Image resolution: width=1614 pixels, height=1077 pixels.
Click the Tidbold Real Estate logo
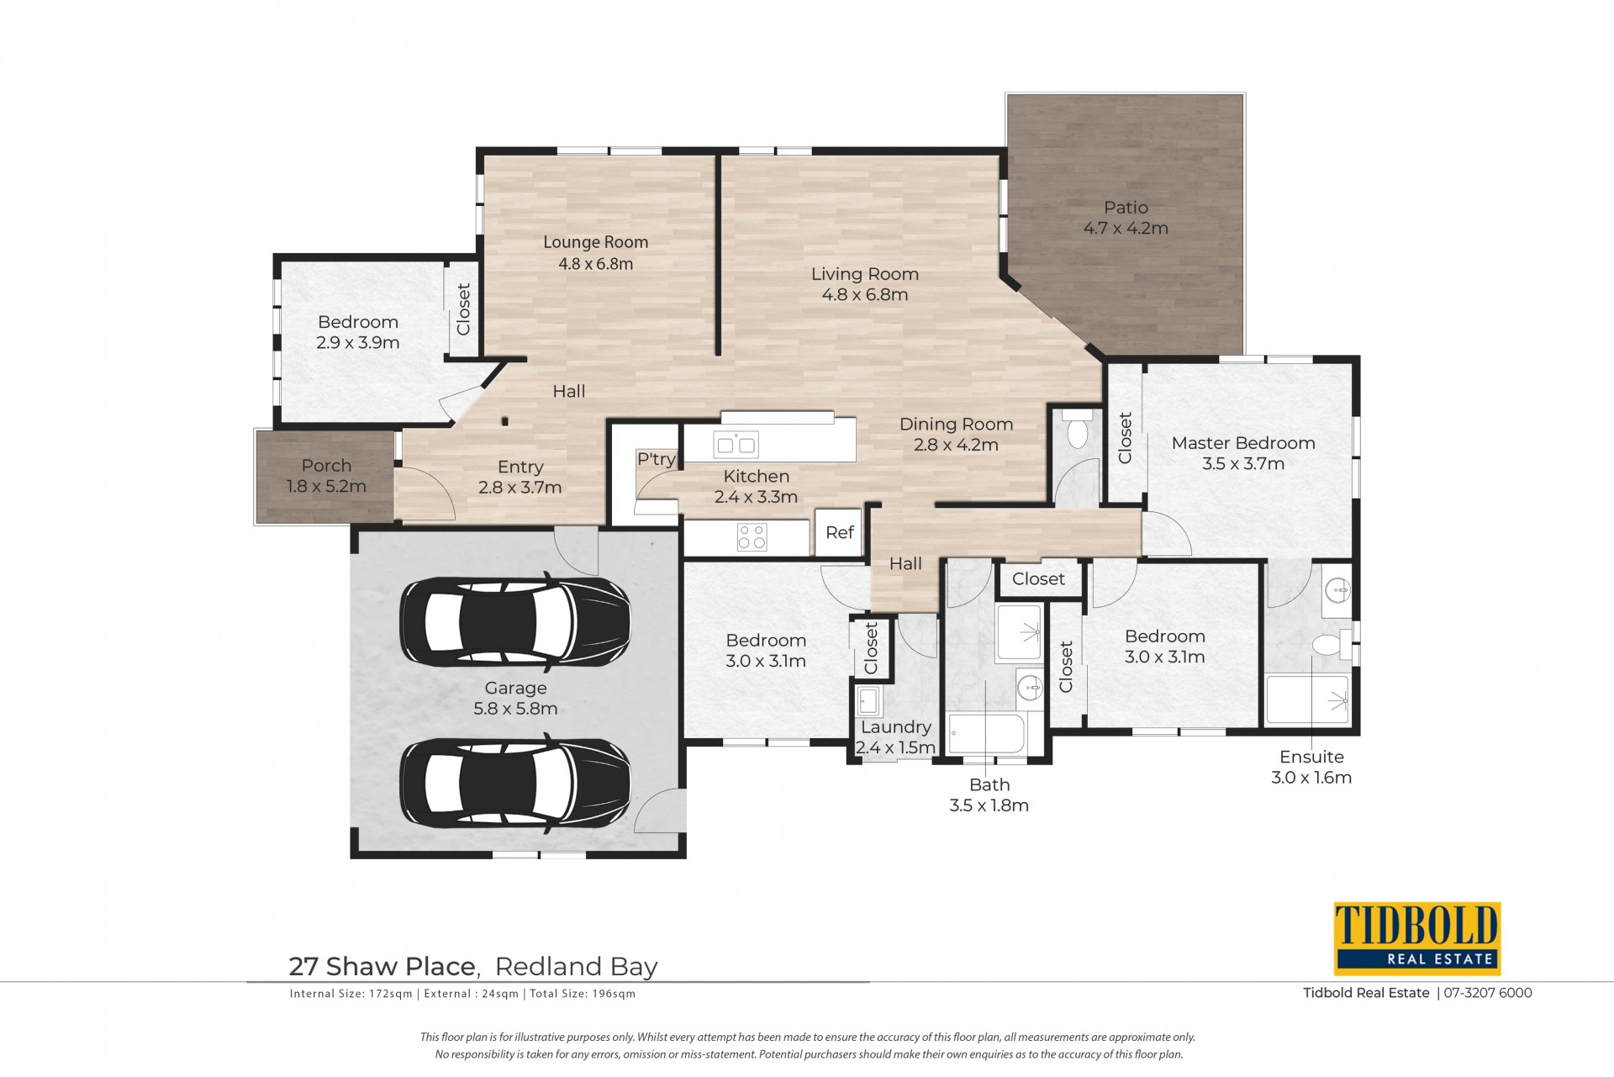[1417, 938]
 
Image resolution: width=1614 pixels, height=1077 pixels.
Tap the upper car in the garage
[515, 622]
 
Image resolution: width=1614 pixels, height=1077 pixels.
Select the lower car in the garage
[515, 784]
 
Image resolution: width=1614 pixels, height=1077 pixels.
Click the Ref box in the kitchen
[839, 532]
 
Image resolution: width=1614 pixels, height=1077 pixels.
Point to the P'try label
[656, 459]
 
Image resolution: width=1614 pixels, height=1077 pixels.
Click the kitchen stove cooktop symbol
[752, 537]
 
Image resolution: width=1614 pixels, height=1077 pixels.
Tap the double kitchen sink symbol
[735, 444]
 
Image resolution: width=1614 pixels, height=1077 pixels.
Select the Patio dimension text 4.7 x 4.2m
[1126, 228]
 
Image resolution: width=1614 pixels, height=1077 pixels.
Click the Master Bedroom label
[1243, 443]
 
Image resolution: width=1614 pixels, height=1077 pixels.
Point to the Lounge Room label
[596, 242]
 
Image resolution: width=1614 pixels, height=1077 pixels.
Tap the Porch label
[326, 466]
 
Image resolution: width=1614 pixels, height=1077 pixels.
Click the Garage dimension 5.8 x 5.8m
[515, 709]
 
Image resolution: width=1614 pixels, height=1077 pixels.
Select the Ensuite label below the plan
[1311, 757]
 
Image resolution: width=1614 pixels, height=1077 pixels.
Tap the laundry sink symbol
[868, 700]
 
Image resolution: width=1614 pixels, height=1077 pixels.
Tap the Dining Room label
[957, 425]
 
